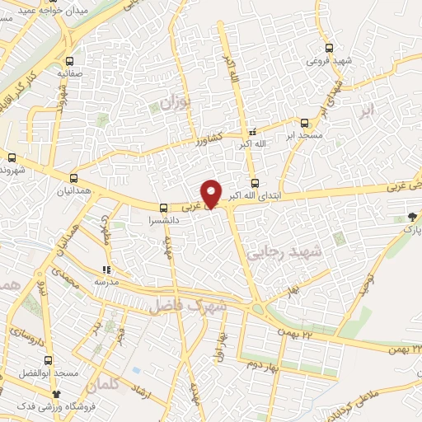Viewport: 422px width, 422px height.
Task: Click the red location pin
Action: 212,193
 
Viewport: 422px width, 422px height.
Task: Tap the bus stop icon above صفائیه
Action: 69,61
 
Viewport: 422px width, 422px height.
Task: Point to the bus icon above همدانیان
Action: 74,178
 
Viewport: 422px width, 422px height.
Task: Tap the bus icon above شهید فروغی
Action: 330,49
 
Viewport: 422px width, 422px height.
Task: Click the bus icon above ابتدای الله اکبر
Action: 254,183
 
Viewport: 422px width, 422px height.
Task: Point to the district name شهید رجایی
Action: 287,256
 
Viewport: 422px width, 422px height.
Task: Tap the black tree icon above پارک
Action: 411,217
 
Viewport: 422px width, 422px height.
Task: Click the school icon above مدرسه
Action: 105,270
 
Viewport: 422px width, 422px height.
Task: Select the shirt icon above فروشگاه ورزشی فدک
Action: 56,395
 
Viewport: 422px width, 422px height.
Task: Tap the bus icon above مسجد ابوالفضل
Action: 47,360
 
